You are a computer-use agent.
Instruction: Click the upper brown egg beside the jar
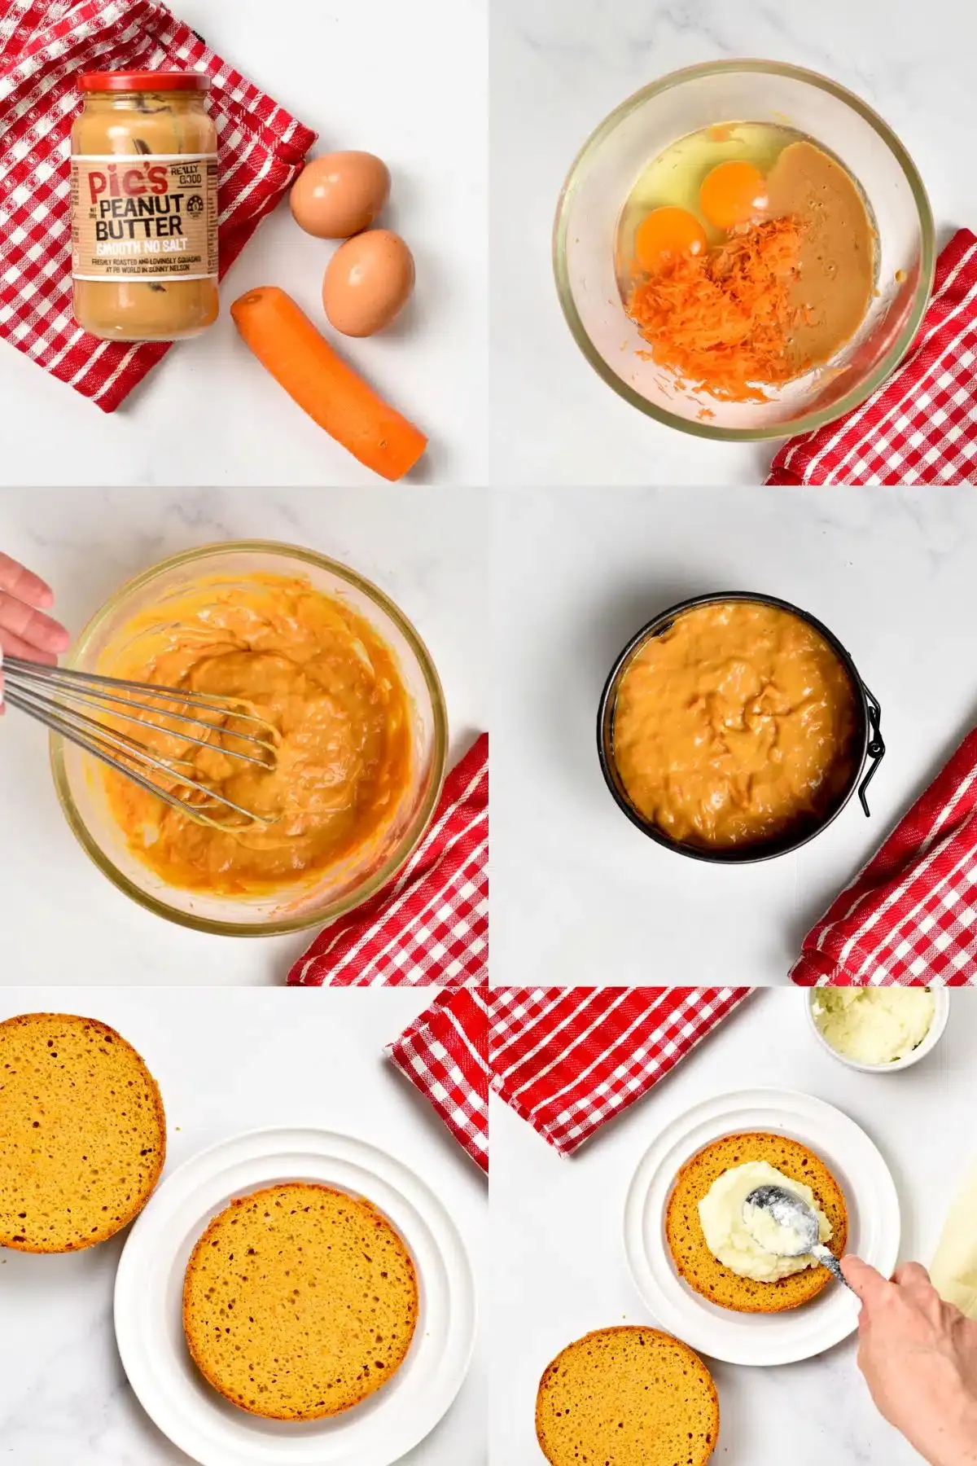pos(340,194)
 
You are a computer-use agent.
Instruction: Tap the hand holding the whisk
pos(28,619)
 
